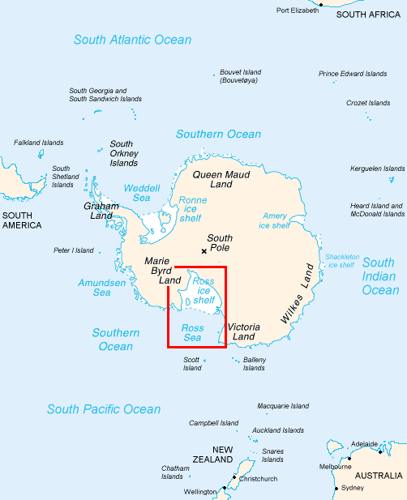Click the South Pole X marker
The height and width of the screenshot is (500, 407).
[x=203, y=251]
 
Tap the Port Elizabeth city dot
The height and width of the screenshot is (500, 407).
[x=321, y=5]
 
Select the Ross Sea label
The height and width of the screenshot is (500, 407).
[x=192, y=332]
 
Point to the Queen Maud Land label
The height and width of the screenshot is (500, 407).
[x=221, y=179]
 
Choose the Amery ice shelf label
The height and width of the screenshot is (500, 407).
[x=276, y=220]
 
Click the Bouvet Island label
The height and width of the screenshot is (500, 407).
[x=241, y=76]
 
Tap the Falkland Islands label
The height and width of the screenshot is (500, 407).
[x=38, y=143]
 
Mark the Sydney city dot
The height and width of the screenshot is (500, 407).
[x=336, y=489]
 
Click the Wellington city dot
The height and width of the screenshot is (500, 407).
[x=220, y=491]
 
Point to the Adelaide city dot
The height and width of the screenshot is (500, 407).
[x=379, y=451]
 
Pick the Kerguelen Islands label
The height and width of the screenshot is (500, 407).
[x=377, y=169]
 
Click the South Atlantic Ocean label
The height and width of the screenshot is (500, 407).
[x=132, y=40]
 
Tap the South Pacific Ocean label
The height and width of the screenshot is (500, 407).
[x=104, y=409]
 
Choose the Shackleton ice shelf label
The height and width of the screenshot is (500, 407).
[x=341, y=261]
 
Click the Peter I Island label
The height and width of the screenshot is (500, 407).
[x=73, y=250]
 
